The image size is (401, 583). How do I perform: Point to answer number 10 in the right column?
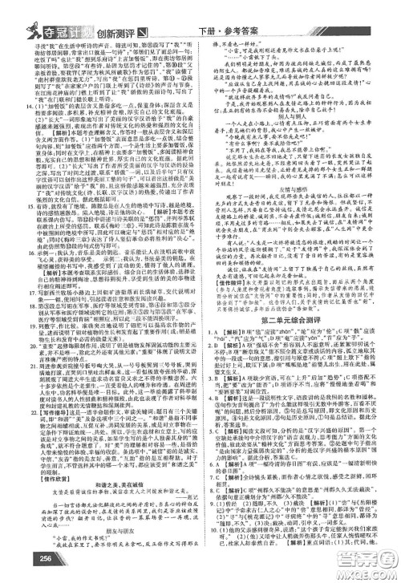pyautogui.click(x=211, y=547)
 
